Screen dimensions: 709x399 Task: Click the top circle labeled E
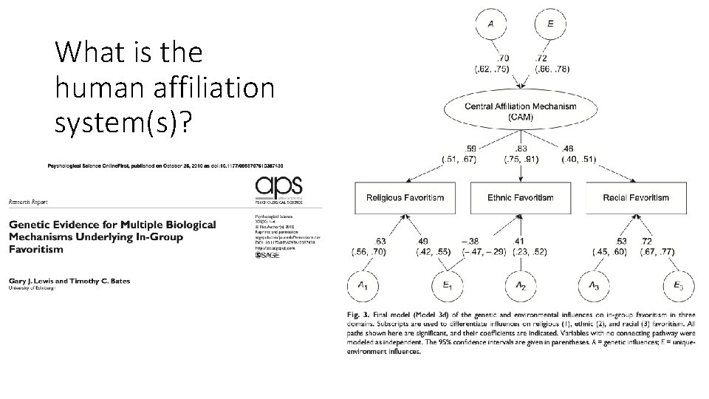click(x=550, y=24)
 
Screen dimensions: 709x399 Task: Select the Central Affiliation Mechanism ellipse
click(x=521, y=112)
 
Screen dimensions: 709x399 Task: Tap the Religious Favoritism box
click(x=405, y=197)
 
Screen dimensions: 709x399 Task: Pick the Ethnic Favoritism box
click(x=521, y=197)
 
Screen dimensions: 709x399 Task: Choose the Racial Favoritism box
click(x=635, y=197)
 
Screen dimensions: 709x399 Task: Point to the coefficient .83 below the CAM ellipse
click(x=521, y=148)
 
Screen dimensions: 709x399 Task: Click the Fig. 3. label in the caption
click(x=357, y=315)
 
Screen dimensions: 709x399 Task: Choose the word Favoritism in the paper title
click(x=36, y=249)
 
